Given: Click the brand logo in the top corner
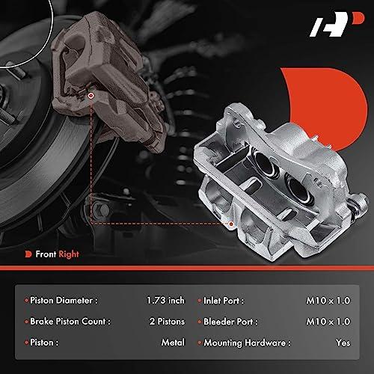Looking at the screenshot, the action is coord(337,24).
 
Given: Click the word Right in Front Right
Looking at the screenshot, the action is coord(69,254).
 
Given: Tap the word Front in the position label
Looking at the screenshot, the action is coord(46,254).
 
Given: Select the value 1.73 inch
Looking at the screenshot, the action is coord(165,300).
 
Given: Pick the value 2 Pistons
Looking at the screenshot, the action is coord(167,322).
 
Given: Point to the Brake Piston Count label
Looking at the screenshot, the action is coord(70,322).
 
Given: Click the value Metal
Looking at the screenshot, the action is coord(173,343).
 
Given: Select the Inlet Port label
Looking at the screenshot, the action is coord(224,301).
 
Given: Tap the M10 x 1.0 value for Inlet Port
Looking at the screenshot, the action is coord(328,301).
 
